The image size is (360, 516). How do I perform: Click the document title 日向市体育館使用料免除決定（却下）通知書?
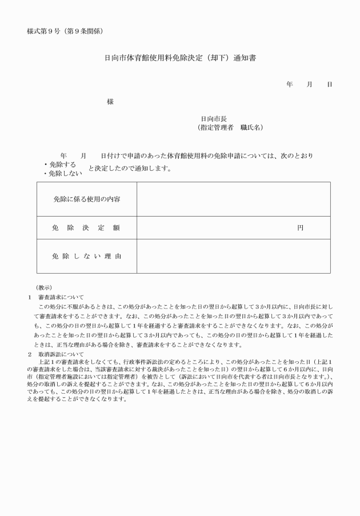coord(180,58)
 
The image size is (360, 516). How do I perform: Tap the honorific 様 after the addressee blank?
coord(110,102)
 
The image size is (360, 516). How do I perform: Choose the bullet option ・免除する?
coord(60,165)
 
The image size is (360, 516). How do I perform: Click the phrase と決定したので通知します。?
coord(130,169)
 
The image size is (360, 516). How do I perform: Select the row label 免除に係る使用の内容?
coord(87,199)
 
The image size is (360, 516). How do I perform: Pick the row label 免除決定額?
coord(87,227)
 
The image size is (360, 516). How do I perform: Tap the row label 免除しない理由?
coord(87,256)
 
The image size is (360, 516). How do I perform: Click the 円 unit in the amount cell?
coord(300,227)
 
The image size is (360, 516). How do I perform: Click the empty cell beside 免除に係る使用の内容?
coord(233,199)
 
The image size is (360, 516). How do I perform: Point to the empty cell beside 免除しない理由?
coord(233,256)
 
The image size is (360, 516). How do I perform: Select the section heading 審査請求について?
coord(61,297)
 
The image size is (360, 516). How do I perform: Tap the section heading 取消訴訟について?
coord(61,354)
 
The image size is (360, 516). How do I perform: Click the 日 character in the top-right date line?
coord(330,85)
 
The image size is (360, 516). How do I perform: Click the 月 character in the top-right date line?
coord(310,85)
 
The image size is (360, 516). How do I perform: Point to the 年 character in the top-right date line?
coord(290,85)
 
